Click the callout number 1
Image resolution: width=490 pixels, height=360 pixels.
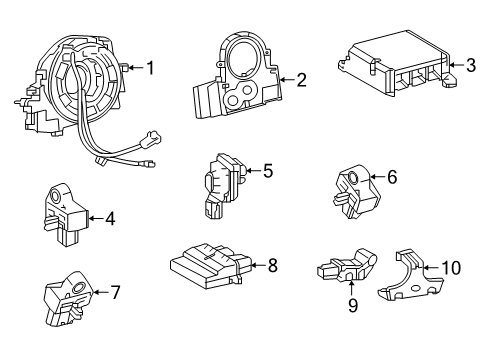coord(150,68)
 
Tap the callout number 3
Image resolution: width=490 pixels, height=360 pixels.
coord(470,67)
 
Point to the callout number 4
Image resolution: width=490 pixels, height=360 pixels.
coord(110,216)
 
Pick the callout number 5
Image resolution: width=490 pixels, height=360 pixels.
coord(267,171)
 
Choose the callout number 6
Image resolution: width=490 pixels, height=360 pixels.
coord(392,177)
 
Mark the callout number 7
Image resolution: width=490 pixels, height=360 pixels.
coord(115,293)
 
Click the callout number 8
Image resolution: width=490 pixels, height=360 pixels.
coord(271,265)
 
